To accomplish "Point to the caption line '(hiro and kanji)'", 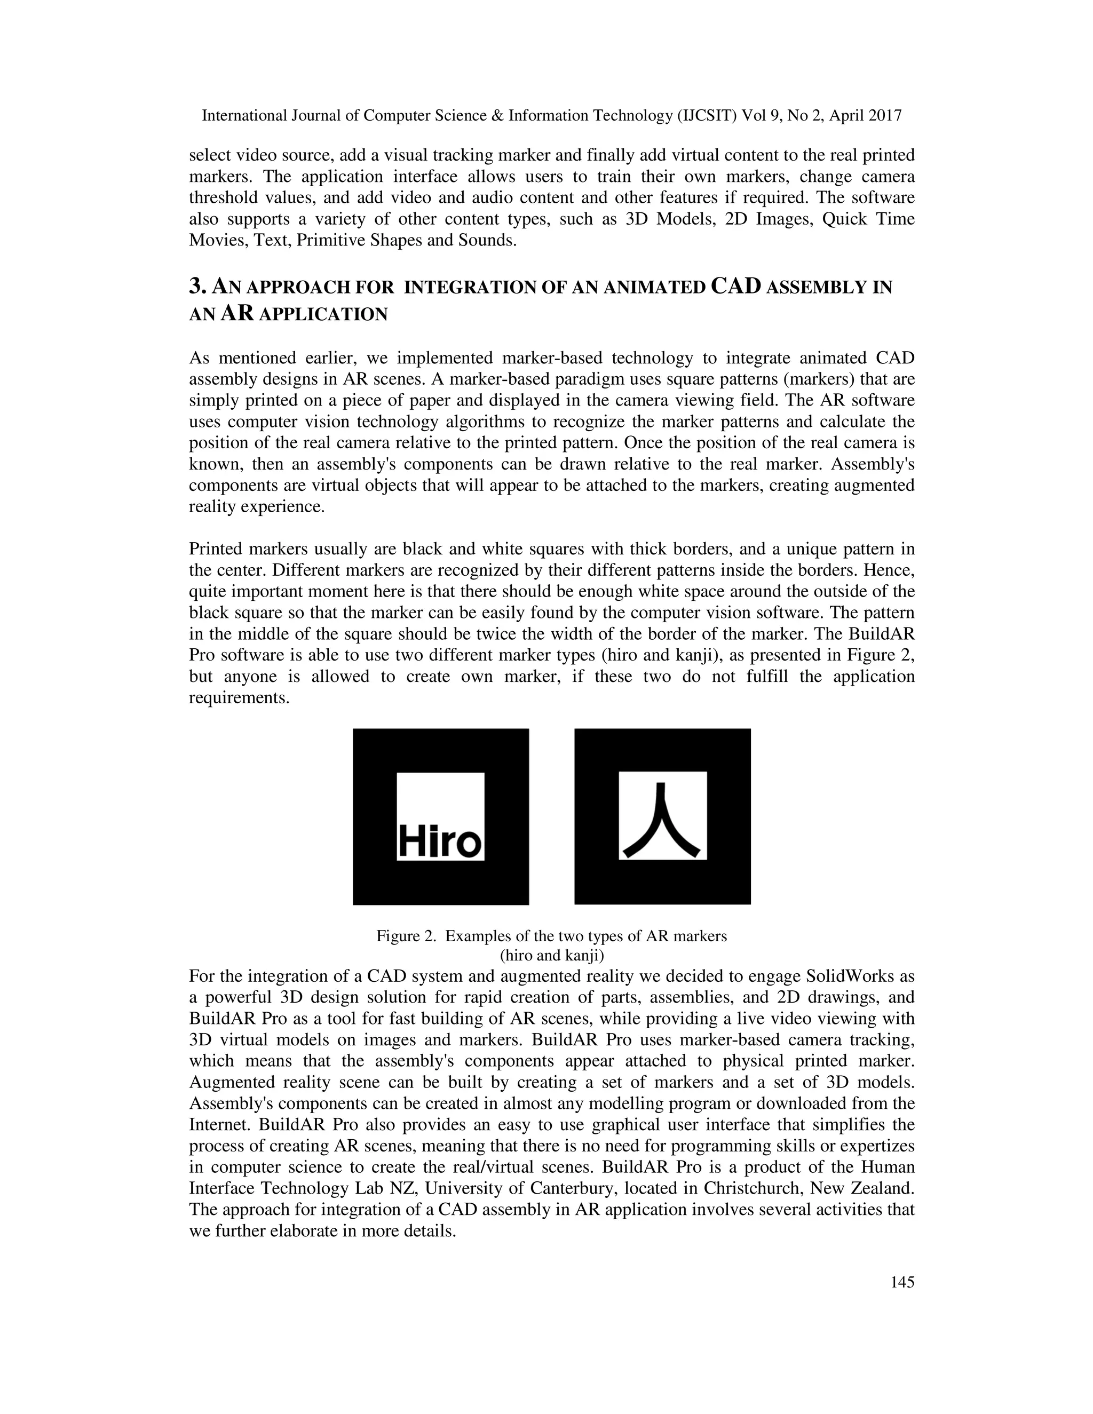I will pos(552,955).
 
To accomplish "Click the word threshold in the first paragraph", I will pos(221,197).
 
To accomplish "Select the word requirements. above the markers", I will pos(238,698).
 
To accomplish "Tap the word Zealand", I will pos(884,1188).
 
